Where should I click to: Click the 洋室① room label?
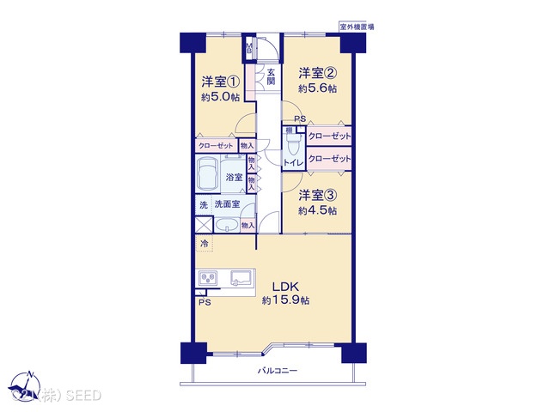pyautogui.click(x=221, y=82)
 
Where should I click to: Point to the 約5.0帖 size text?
pyautogui.click(x=221, y=99)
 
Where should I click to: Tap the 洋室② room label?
pyautogui.click(x=317, y=72)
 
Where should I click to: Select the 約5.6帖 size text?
pyautogui.click(x=317, y=88)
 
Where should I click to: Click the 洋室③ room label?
pyautogui.click(x=317, y=195)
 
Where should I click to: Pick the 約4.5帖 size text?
pyautogui.click(x=317, y=211)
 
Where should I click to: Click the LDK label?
pyautogui.click(x=285, y=287)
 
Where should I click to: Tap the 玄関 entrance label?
pyautogui.click(x=271, y=77)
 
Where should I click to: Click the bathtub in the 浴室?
pyautogui.click(x=209, y=177)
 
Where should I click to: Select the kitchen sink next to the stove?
pyautogui.click(x=241, y=277)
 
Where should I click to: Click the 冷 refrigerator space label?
pyautogui.click(x=205, y=245)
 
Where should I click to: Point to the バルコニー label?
pyautogui.click(x=278, y=371)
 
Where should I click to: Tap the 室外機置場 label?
pyautogui.click(x=356, y=27)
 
